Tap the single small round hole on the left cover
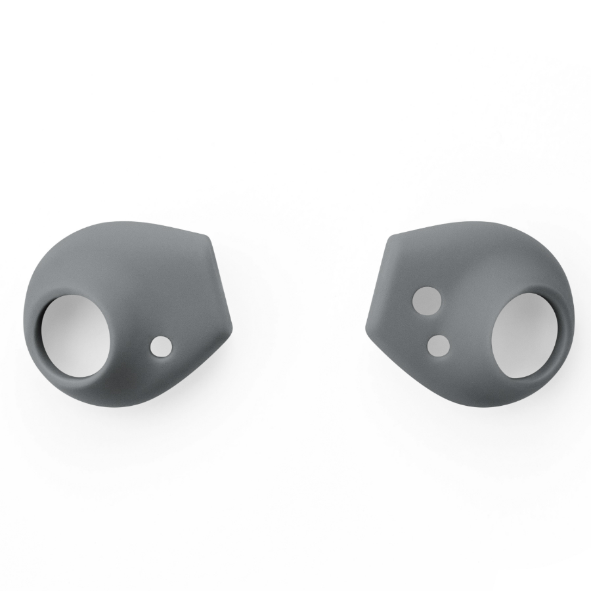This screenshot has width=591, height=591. coord(160,346)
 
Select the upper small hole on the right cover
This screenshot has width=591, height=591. coord(426,300)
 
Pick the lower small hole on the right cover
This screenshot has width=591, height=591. coord(438,345)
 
